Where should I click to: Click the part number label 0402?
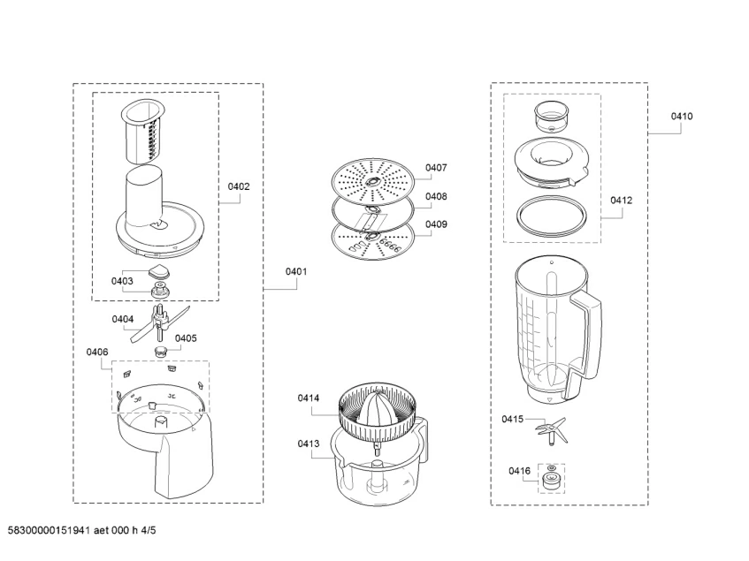[x=239, y=186]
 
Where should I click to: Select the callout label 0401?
[x=295, y=272]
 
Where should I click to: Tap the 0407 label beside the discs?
[x=436, y=167]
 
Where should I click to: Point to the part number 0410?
[x=681, y=116]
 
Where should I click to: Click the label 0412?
[x=621, y=201]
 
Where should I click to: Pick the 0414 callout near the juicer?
[x=309, y=398]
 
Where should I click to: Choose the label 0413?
[x=309, y=444]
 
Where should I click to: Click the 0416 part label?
[x=519, y=472]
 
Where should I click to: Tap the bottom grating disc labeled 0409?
[x=372, y=238]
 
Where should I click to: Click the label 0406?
[x=97, y=353]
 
